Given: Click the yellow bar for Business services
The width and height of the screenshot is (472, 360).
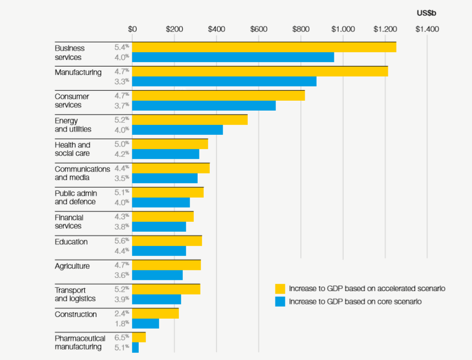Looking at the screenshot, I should click(264, 47).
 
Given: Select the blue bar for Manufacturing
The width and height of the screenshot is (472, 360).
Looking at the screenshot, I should click(224, 81).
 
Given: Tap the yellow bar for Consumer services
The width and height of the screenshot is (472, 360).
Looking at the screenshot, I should click(218, 95).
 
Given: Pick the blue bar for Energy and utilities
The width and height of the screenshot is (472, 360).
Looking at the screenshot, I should click(177, 130).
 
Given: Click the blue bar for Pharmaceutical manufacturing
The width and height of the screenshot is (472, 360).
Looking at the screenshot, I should click(135, 347).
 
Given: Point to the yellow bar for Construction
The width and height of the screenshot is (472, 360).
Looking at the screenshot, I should click(155, 313).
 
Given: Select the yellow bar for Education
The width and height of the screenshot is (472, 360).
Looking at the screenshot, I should click(167, 241).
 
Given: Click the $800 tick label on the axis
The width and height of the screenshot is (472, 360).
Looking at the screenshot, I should click(301, 29).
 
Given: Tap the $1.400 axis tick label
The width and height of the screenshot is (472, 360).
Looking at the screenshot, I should click(427, 29).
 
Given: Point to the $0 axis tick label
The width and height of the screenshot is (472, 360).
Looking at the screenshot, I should click(132, 29).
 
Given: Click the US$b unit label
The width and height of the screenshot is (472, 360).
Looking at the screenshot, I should click(427, 12).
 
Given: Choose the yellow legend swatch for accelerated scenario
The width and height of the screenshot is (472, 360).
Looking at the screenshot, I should click(280, 288).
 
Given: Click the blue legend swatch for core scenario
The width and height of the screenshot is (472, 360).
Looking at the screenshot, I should click(280, 302).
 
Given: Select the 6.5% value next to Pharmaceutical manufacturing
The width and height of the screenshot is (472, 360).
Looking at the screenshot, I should click(121, 337).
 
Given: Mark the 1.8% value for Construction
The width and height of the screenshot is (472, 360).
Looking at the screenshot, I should click(121, 324).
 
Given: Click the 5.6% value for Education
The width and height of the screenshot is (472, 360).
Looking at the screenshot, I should click(121, 241).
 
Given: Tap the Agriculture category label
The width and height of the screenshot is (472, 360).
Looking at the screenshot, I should click(72, 266).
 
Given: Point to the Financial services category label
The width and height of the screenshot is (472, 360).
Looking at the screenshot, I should click(69, 222).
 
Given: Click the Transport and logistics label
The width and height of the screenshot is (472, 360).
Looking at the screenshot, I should click(75, 294).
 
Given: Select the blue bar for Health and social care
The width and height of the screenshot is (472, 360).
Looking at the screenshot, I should click(165, 154).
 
